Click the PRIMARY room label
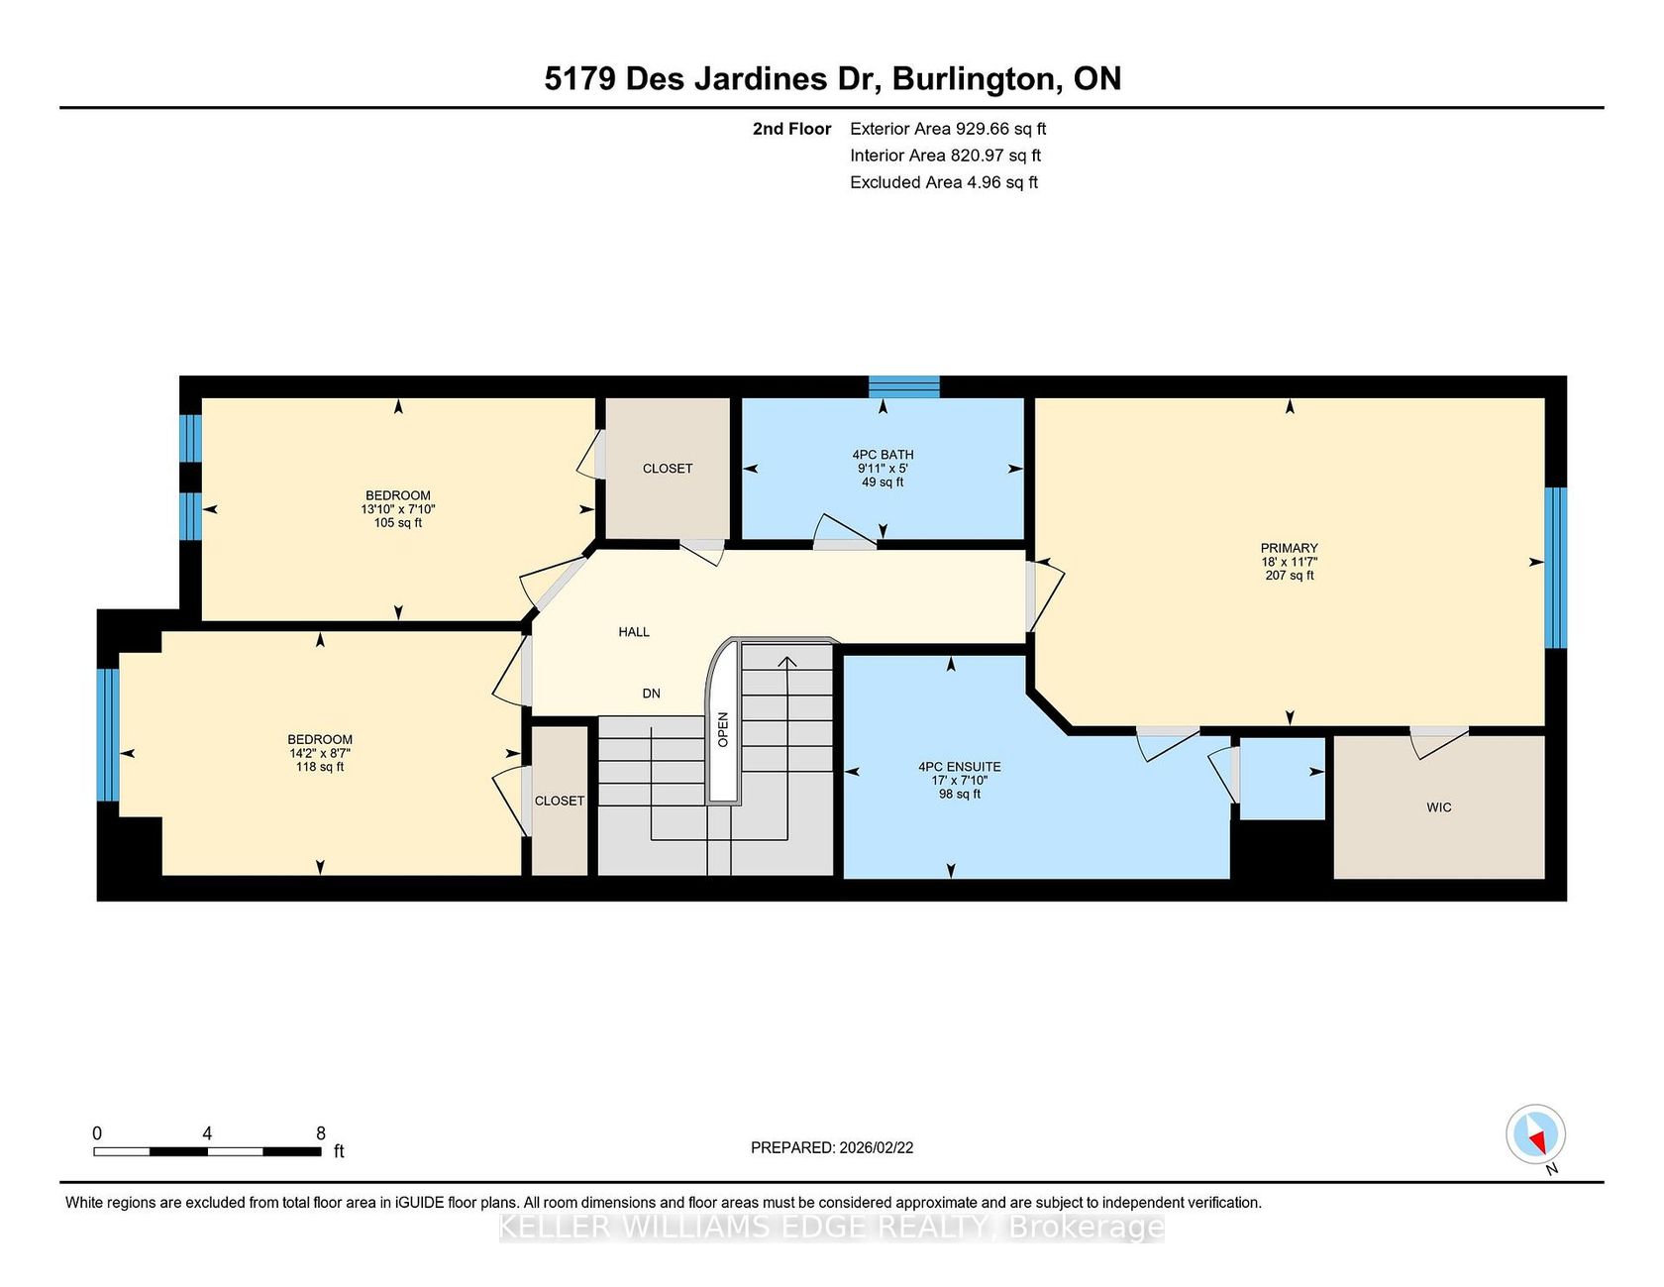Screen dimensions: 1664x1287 click(x=1289, y=548)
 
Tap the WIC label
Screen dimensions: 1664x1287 click(x=1439, y=807)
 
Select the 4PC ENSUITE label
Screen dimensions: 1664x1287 click(x=959, y=767)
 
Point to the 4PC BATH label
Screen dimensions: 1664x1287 click(x=883, y=455)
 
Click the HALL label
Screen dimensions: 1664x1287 click(x=634, y=632)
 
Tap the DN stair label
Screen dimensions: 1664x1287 click(x=651, y=694)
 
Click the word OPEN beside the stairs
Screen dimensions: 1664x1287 click(x=723, y=729)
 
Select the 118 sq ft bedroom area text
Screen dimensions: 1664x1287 click(x=320, y=767)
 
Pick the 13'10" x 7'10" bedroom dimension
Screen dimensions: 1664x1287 click(x=398, y=509)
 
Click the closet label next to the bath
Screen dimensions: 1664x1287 click(x=668, y=469)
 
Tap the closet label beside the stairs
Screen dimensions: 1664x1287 click(x=560, y=801)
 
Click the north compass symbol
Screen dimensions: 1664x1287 click(x=1535, y=1134)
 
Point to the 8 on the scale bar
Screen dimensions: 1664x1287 click(x=320, y=1133)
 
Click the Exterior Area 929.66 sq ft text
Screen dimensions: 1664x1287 click(x=948, y=129)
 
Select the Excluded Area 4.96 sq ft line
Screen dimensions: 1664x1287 click(x=944, y=182)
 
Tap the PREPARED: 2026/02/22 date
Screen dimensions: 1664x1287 click(x=832, y=1147)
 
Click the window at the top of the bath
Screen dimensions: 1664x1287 click(x=904, y=386)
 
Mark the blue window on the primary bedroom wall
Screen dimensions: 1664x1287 click(x=1556, y=568)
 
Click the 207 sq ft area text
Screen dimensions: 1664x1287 click(x=1289, y=576)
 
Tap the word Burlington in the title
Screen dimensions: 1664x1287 click(x=974, y=79)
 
